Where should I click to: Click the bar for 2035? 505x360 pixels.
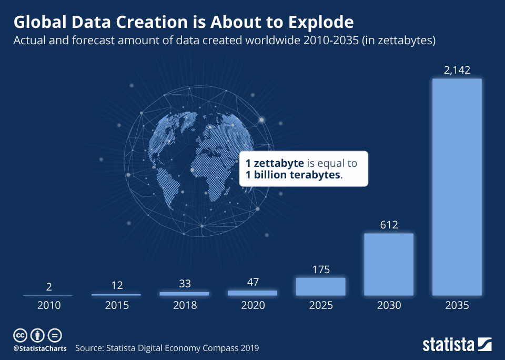[x=457, y=187]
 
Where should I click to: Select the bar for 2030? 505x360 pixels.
[x=389, y=264]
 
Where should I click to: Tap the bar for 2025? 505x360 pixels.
[x=320, y=286]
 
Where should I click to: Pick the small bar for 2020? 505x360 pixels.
[x=252, y=293]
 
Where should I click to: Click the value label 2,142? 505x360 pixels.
[x=457, y=70]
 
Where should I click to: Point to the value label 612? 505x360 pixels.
[x=389, y=225]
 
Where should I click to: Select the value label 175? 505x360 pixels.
[x=320, y=269]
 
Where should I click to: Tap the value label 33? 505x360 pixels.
[x=184, y=284]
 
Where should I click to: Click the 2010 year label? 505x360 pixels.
[x=48, y=305]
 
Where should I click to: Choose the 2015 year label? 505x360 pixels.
[x=116, y=305]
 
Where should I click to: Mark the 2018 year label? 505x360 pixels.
[x=184, y=305]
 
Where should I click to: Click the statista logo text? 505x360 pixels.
[x=448, y=345]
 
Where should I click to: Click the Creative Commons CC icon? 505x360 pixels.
[x=20, y=335]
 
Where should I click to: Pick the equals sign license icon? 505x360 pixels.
[x=55, y=335]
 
